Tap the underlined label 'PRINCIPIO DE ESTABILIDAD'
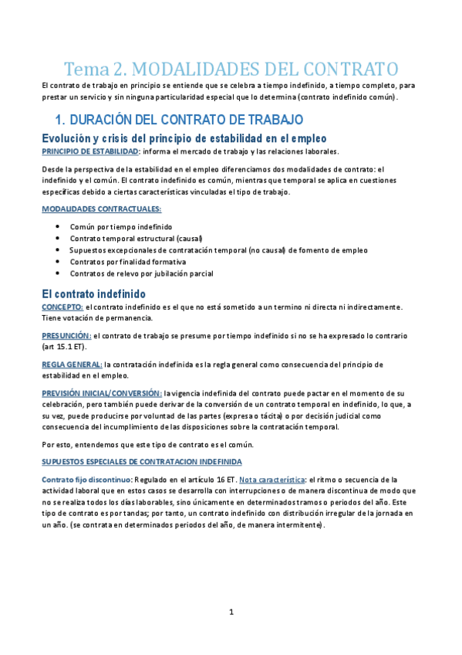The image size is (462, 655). tap(89, 151)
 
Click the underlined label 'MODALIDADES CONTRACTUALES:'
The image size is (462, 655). tap(101, 209)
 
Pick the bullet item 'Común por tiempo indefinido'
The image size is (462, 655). tap(121, 227)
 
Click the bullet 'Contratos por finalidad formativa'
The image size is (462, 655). tap(127, 262)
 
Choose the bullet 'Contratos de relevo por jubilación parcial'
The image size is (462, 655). tap(141, 273)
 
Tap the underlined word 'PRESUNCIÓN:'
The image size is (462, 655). tap(66, 336)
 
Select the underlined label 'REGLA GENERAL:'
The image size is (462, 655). tap(72, 365)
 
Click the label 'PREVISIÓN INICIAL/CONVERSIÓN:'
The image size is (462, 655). tap(101, 393)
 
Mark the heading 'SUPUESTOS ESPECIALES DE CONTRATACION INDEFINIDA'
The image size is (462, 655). tap(141, 462)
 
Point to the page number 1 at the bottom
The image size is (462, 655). tap(231, 613)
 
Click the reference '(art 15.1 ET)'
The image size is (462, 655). tap(65, 347)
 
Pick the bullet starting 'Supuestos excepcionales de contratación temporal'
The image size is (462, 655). tap(218, 250)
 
